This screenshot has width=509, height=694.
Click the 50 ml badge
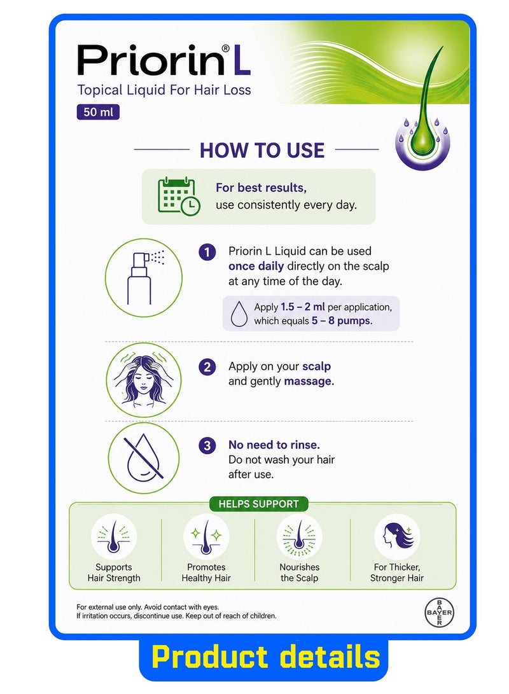pos(98,112)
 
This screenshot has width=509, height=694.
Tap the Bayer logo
pos(438,613)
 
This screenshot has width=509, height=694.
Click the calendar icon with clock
pos(179,196)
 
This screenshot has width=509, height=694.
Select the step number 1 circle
pos(207,253)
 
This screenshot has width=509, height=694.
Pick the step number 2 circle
pos(207,368)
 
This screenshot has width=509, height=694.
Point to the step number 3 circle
pos(207,446)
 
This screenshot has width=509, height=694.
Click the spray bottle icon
pos(144,278)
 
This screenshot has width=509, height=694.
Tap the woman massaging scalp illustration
pos(144,379)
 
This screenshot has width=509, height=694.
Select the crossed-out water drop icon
pos(144,458)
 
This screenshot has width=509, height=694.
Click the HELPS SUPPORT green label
pos(259,504)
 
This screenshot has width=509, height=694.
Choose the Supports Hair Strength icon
pos(114,536)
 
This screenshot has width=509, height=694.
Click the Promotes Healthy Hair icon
pos(206,536)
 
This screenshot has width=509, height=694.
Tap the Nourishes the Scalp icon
pos(299,536)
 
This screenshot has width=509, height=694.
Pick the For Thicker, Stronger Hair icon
pos(397,536)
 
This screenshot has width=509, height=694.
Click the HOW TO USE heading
pos(262,151)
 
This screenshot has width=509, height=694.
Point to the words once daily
pos(256,266)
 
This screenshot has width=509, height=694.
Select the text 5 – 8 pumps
pos(342,321)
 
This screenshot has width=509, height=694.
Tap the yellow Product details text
pos(265,656)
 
